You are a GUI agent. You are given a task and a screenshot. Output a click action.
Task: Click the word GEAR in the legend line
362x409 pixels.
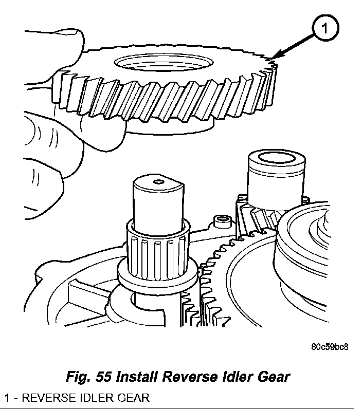coord(137,397)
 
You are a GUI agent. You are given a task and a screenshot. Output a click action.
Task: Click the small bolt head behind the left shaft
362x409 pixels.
coord(222,221)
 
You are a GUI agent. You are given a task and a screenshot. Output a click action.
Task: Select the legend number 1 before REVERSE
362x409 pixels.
coord(7,397)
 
